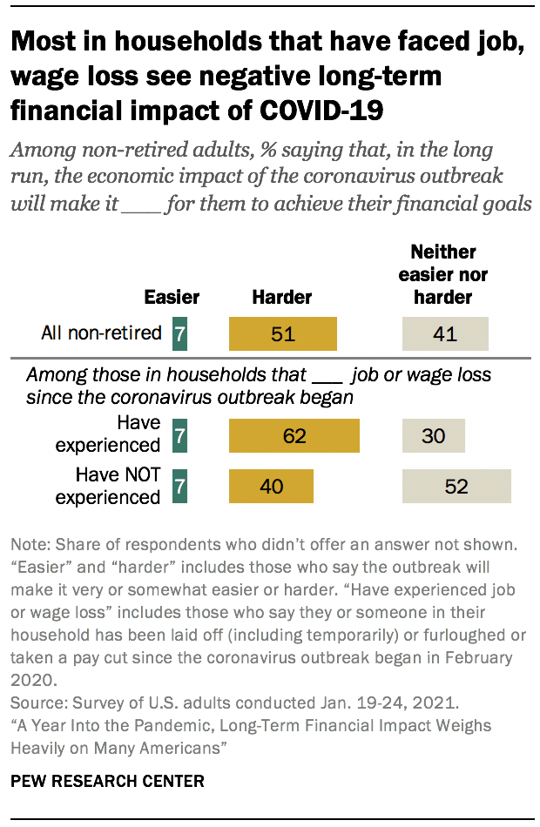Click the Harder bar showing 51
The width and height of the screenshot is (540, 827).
click(x=282, y=333)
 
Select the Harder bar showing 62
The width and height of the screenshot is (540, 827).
click(x=294, y=435)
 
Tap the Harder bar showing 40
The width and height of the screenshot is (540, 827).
click(x=271, y=487)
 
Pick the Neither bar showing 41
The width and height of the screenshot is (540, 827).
click(x=445, y=333)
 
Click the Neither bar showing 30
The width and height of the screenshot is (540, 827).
click(x=433, y=435)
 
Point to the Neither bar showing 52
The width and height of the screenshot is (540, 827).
click(x=456, y=487)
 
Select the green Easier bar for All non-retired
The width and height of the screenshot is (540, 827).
click(x=179, y=333)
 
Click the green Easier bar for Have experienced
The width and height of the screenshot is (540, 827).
click(x=179, y=435)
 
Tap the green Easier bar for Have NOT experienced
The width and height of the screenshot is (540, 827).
click(x=179, y=487)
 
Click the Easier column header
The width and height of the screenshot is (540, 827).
click(x=171, y=297)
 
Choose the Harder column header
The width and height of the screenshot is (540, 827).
click(x=281, y=297)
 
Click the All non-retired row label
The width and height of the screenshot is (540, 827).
click(x=101, y=333)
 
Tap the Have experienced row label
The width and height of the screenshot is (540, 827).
click(x=108, y=434)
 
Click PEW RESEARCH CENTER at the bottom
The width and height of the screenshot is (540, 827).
click(x=107, y=782)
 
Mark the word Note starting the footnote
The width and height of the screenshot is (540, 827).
click(x=28, y=544)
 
